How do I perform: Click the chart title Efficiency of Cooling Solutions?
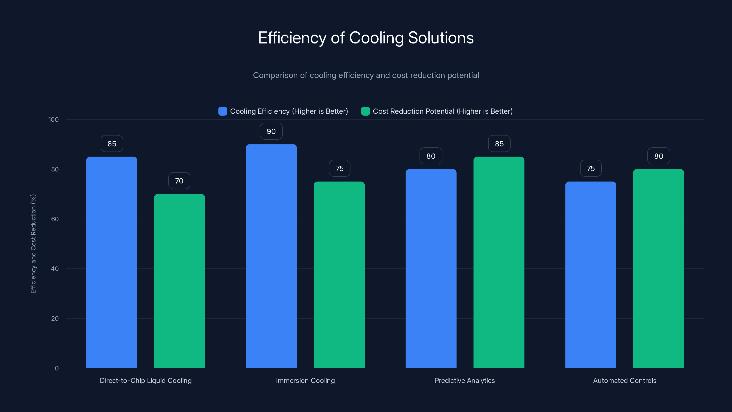tap(366, 38)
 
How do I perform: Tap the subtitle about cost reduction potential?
tap(366, 75)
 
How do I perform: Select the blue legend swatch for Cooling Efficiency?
tap(223, 111)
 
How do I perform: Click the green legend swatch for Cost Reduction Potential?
tap(365, 111)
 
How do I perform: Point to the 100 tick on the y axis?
tap(54, 120)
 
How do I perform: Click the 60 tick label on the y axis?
tap(55, 219)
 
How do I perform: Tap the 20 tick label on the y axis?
tap(55, 318)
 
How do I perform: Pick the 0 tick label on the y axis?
tap(57, 368)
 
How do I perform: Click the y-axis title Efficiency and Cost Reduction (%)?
tap(33, 244)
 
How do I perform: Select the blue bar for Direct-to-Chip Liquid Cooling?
tap(112, 262)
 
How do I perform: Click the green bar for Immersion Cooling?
tap(339, 274)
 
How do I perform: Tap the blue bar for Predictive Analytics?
tap(431, 269)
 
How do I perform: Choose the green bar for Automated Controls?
tap(658, 269)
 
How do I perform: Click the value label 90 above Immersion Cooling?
tap(271, 131)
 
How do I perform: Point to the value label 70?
tap(179, 181)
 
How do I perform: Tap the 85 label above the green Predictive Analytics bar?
tap(499, 144)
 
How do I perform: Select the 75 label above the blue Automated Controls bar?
tap(590, 169)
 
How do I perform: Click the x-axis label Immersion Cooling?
tap(305, 380)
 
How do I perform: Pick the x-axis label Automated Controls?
tap(624, 380)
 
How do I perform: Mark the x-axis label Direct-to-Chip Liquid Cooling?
tap(145, 380)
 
